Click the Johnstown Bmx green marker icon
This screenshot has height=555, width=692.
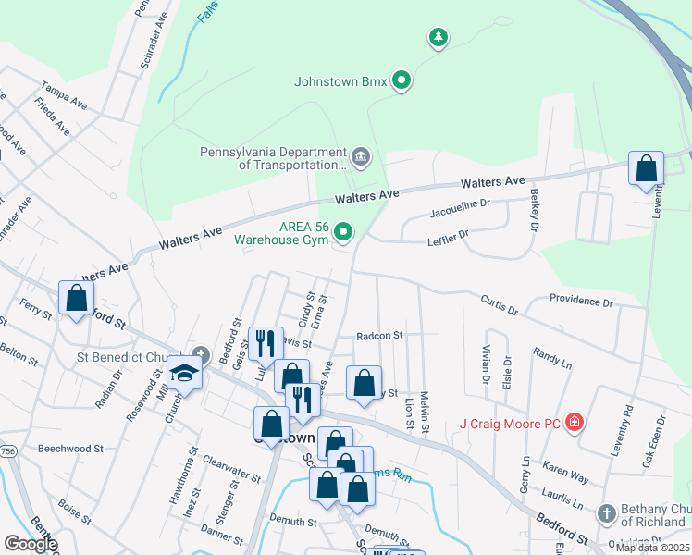click(402, 81)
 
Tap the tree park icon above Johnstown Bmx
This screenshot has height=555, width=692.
click(438, 38)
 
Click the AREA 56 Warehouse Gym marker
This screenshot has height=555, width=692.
click(344, 231)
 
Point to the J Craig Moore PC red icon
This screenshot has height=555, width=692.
click(575, 424)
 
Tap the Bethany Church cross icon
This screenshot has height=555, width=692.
click(606, 512)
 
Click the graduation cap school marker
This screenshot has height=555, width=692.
click(184, 373)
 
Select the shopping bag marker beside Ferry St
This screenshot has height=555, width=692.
click(76, 299)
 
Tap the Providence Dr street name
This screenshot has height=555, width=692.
click(581, 301)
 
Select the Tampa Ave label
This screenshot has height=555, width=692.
click(63, 99)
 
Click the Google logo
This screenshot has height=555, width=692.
click(31, 544)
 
